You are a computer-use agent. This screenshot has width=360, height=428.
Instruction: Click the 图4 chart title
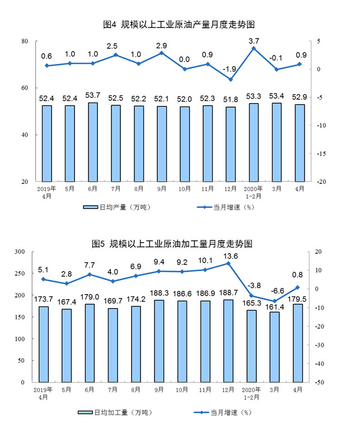[179, 25]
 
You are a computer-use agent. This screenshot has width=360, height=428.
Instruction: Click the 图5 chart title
[179, 244]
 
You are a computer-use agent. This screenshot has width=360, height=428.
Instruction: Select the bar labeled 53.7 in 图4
[92, 142]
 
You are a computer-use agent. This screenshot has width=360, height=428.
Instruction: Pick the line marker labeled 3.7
[254, 48]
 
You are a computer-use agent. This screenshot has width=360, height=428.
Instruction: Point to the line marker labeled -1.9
[231, 80]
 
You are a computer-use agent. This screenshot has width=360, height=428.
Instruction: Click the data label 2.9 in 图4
[161, 44]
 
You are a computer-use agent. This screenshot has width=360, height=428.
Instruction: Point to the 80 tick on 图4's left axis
[25, 41]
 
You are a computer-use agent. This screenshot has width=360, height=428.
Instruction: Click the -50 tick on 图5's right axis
[317, 382]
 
